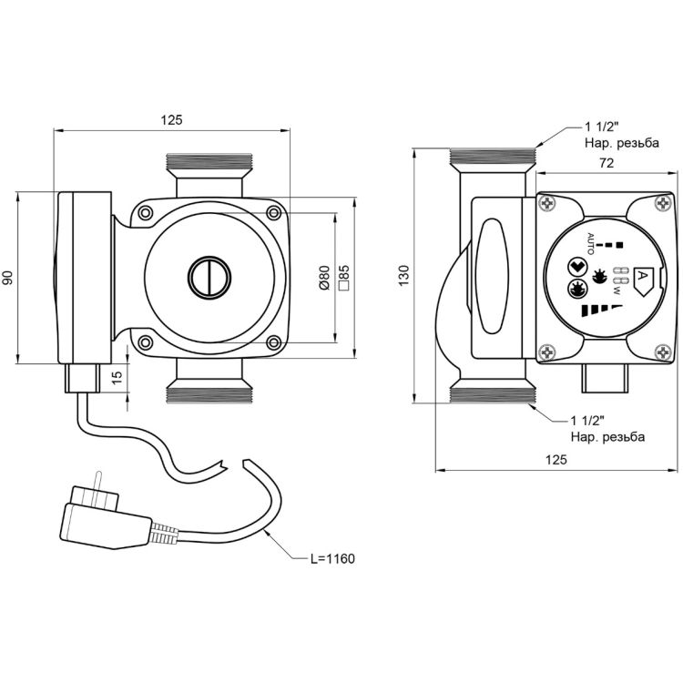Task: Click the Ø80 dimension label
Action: pos(324,278)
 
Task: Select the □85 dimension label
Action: pos(344,278)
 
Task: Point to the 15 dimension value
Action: pos(116,377)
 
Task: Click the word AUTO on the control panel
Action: pos(589,245)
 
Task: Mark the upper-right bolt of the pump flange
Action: pos(273,212)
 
